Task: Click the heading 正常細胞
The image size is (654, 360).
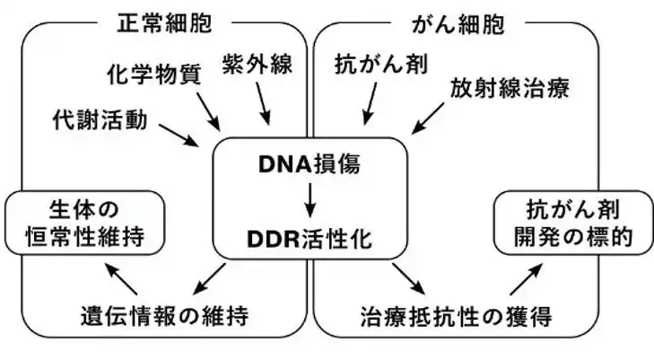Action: (170, 22)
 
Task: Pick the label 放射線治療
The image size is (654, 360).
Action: (510, 89)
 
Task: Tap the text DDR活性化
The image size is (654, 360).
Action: (309, 241)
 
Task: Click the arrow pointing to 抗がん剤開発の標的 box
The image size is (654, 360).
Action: (523, 279)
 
